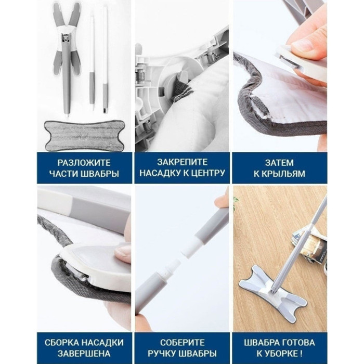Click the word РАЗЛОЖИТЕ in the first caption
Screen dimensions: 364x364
click(x=84, y=163)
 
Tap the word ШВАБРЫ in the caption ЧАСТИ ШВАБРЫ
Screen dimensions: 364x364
click(x=100, y=174)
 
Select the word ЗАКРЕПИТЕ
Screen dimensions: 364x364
click(x=182, y=162)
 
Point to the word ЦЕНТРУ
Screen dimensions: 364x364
click(x=207, y=173)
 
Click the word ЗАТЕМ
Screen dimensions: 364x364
click(x=279, y=163)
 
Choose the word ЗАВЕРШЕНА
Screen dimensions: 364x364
click(x=84, y=354)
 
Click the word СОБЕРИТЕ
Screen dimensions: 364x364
click(x=182, y=343)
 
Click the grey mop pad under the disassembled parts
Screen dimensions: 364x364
click(x=84, y=135)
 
